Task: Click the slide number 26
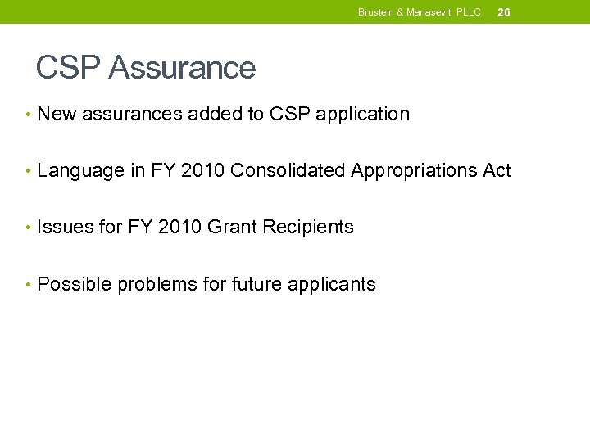[504, 12]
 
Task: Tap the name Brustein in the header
[376, 12]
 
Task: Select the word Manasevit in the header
[432, 12]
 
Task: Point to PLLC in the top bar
[470, 12]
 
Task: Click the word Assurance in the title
[182, 68]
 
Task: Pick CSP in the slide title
[68, 68]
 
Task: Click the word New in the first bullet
[57, 115]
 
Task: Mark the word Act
[496, 171]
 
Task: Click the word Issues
[66, 228]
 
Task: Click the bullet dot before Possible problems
[29, 285]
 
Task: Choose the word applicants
[333, 285]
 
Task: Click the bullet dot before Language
[29, 171]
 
